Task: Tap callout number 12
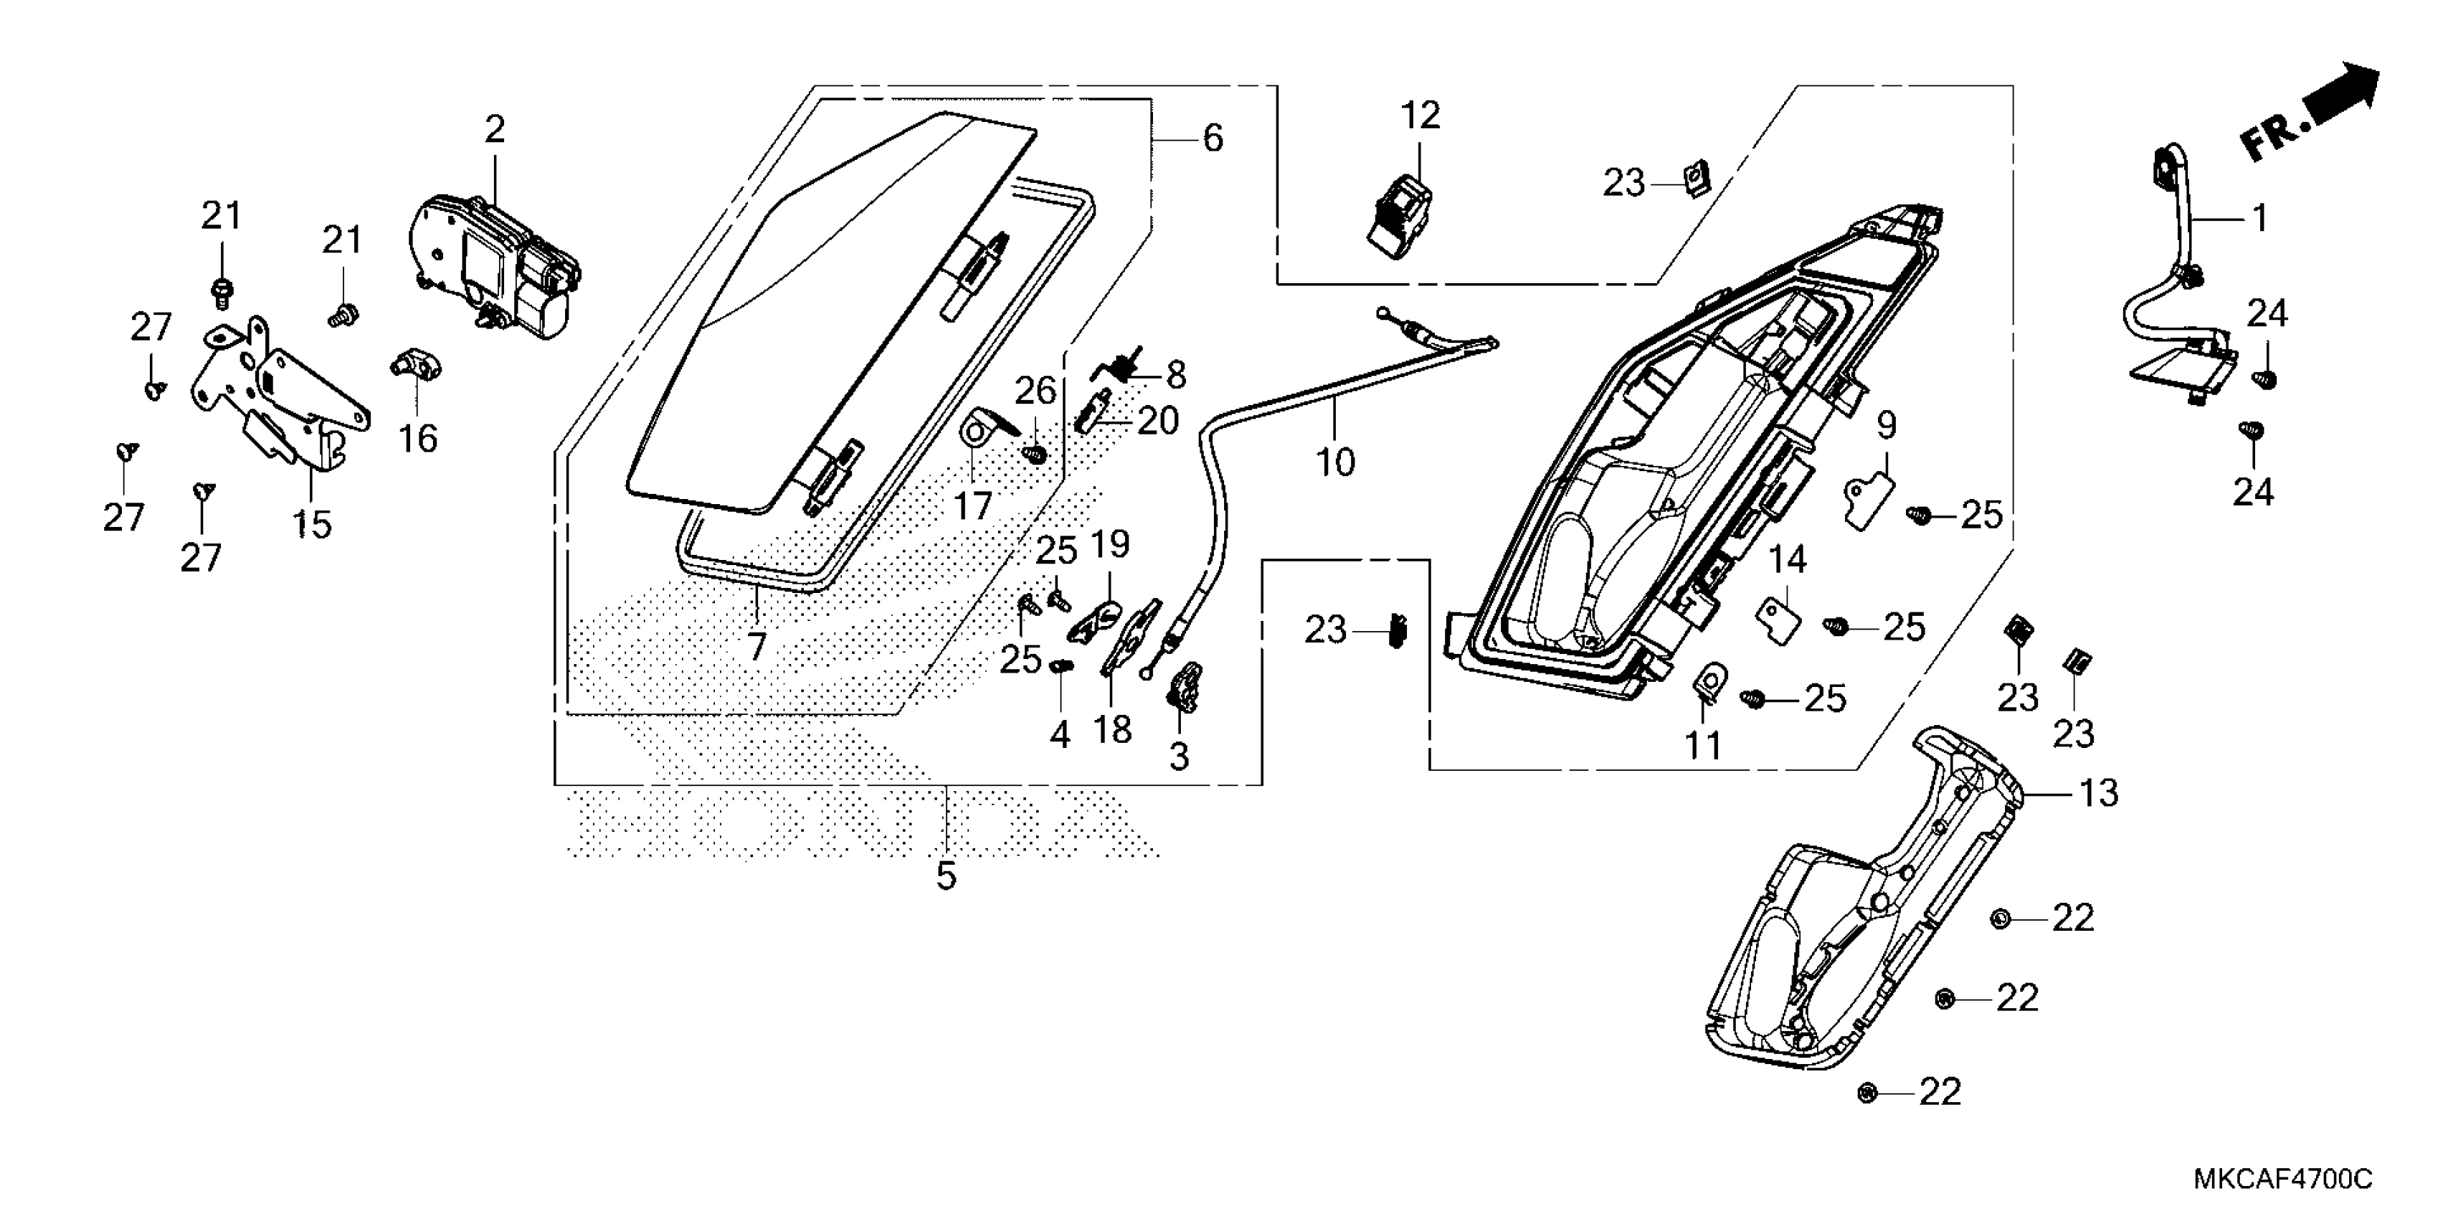click(x=1420, y=115)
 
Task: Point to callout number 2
click(x=495, y=130)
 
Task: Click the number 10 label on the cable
click(x=1335, y=463)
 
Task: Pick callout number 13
click(x=2098, y=793)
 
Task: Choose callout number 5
click(x=947, y=876)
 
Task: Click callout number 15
click(x=313, y=523)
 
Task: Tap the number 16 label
click(x=417, y=438)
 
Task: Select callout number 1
click(x=2259, y=219)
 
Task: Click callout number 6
click(x=1213, y=138)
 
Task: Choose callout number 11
click(x=1702, y=746)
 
